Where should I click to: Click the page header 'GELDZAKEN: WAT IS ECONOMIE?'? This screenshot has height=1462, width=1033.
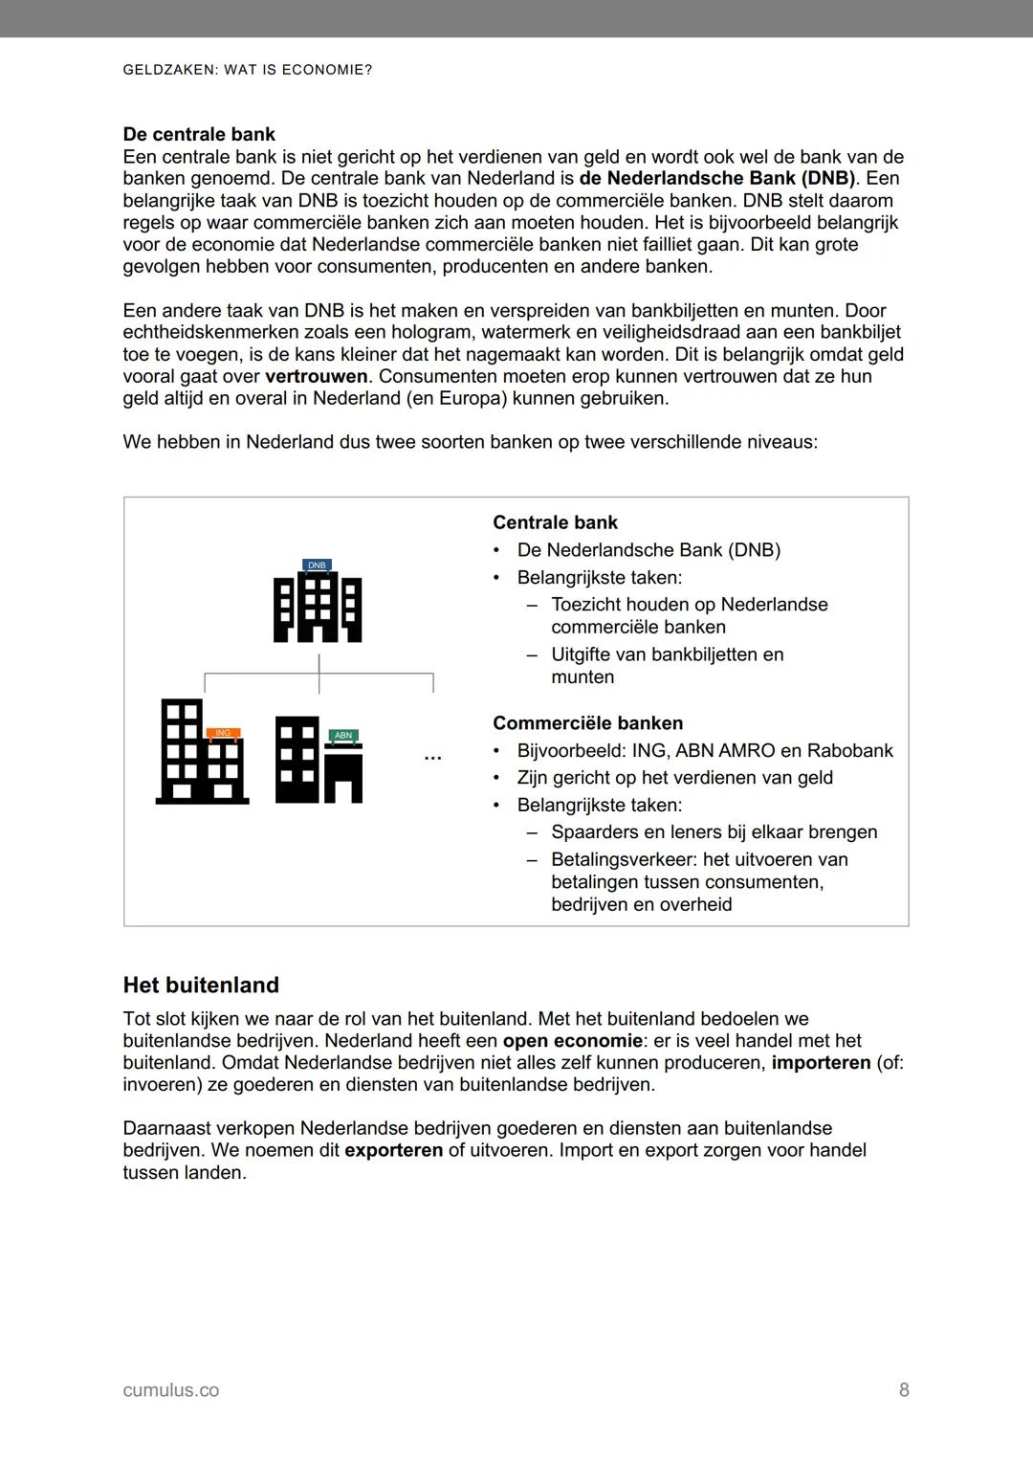click(x=248, y=70)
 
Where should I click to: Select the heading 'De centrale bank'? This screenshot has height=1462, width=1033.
click(x=199, y=134)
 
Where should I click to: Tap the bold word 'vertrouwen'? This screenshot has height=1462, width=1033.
click(x=316, y=376)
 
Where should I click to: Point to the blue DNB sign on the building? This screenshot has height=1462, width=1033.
click(x=317, y=565)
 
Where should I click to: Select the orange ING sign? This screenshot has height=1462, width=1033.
click(x=223, y=733)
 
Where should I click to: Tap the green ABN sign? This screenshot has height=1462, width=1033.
click(x=343, y=735)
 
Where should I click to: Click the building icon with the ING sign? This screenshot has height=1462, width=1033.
click(x=201, y=754)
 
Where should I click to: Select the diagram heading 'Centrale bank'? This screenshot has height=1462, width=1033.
click(x=555, y=522)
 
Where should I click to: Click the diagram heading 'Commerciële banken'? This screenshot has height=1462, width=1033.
click(x=587, y=723)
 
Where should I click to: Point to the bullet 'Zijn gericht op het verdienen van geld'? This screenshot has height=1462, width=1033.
click(x=674, y=778)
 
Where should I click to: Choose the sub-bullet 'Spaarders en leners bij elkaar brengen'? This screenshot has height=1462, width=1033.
click(x=714, y=831)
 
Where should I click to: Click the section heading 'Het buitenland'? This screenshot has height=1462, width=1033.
click(x=201, y=985)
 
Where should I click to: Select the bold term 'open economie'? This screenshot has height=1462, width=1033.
click(x=572, y=1040)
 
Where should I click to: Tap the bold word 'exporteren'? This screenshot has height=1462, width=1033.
click(x=393, y=1149)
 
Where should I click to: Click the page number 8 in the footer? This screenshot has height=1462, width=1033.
click(x=904, y=1389)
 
